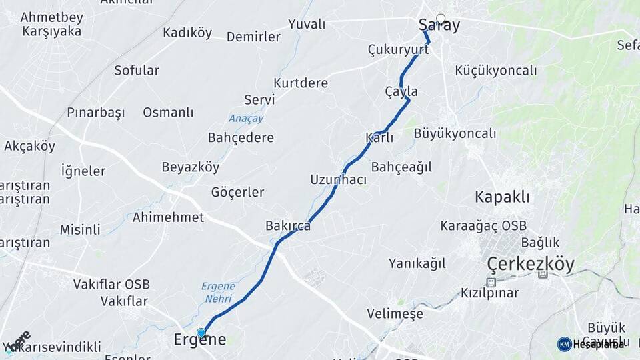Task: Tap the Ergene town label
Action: click(200, 340)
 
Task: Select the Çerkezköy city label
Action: click(531, 264)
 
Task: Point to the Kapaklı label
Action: click(502, 197)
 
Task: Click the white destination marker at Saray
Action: click(441, 19)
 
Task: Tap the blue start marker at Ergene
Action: click(201, 332)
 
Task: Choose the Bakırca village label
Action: click(288, 226)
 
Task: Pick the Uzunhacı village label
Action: click(338, 180)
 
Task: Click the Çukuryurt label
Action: click(398, 49)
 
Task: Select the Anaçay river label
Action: click(247, 119)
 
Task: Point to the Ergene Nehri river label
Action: click(218, 291)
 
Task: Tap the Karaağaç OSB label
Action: click(483, 225)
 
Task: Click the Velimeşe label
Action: click(395, 313)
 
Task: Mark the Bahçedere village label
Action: click(241, 138)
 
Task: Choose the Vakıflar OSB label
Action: click(111, 285)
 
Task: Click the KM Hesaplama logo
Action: click(591, 344)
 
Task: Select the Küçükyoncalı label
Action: click(495, 71)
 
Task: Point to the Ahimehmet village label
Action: click(168, 217)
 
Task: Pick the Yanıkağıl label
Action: click(417, 263)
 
